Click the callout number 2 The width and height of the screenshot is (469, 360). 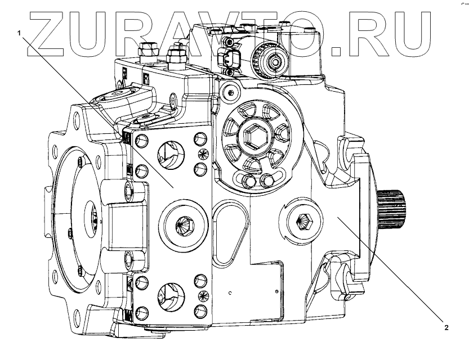pyautogui.click(x=446, y=327)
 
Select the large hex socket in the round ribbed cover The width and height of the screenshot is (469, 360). pyautogui.click(x=251, y=134)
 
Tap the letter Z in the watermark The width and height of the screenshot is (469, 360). pyautogui.click(x=50, y=34)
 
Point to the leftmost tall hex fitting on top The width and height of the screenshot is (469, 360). pyautogui.click(x=149, y=51)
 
